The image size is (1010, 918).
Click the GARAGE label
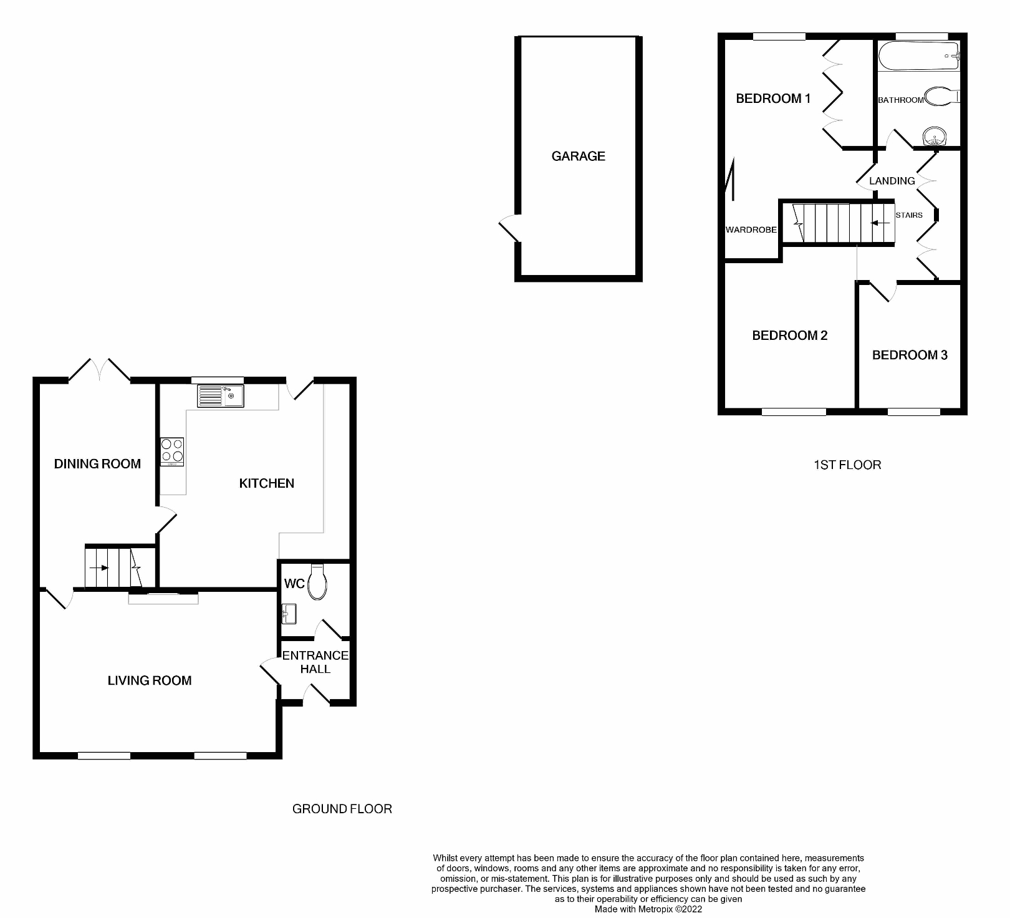[578, 156]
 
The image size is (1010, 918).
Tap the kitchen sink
[220, 396]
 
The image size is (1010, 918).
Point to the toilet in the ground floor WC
[317, 582]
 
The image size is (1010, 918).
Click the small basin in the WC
[289, 614]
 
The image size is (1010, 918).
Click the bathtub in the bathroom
[918, 56]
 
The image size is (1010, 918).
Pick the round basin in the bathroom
[934, 137]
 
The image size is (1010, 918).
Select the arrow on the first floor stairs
[880, 223]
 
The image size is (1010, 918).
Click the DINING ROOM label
[97, 463]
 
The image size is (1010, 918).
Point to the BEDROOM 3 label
[910, 355]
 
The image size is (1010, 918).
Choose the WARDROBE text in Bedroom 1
[751, 229]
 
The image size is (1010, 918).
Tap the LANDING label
[892, 181]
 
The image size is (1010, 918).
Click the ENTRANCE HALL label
[315, 662]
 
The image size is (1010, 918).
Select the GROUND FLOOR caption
[342, 809]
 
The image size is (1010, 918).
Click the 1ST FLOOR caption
[847, 465]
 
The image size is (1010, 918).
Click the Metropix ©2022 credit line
[648, 909]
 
